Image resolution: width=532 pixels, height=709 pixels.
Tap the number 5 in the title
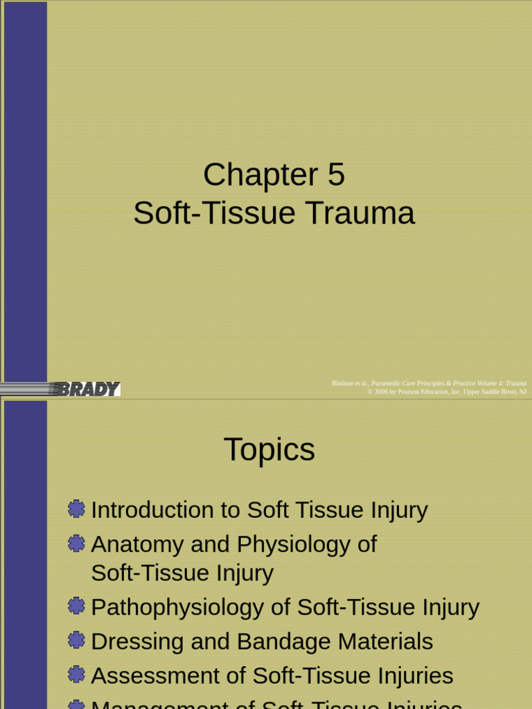pos(336,174)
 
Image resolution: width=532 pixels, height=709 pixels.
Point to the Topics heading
pos(269,450)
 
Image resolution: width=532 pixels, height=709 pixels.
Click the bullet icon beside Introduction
pos(77,510)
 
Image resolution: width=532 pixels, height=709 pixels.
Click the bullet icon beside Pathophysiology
pos(77,607)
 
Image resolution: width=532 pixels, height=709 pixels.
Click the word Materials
pos(385,642)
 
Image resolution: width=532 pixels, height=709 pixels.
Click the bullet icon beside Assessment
pos(77,675)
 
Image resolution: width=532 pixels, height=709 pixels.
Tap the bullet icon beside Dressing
pos(77,641)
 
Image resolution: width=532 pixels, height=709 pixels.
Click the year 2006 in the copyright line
pos(380,392)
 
